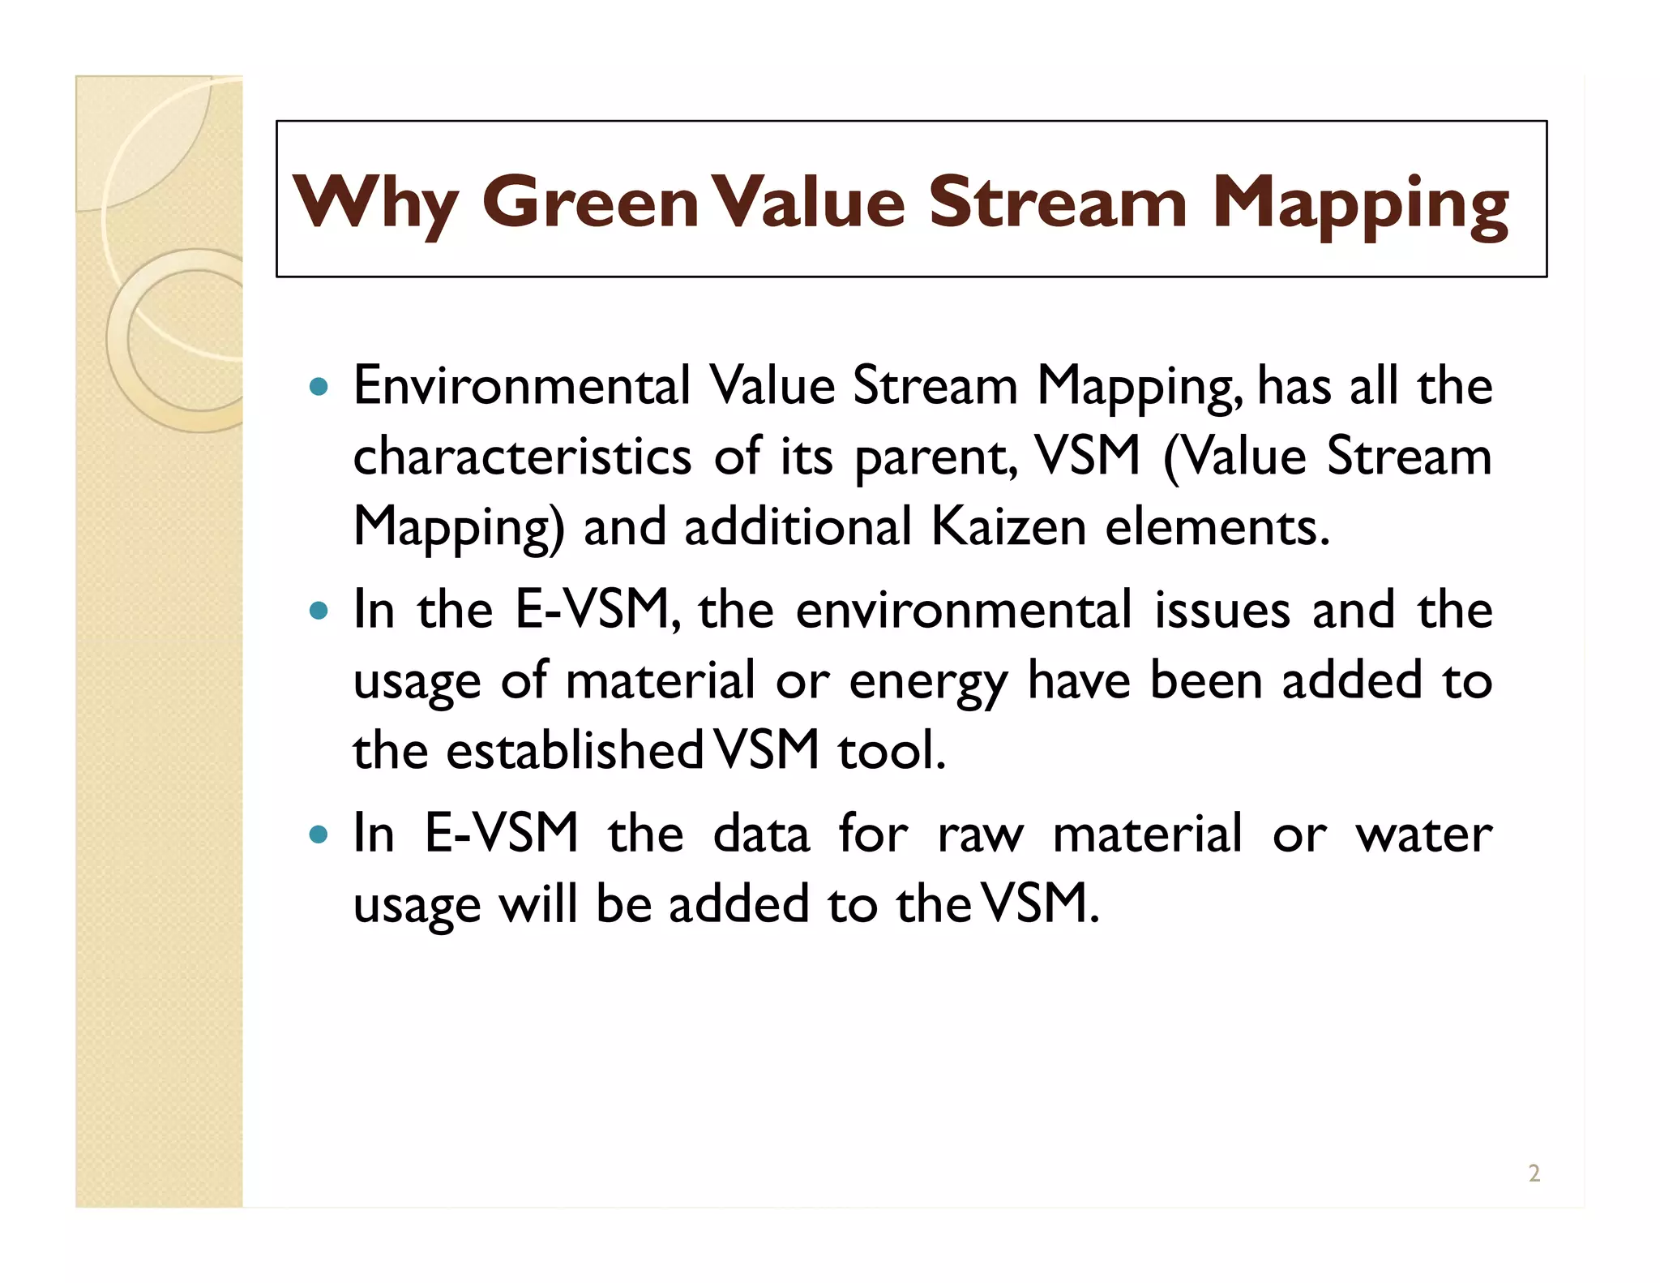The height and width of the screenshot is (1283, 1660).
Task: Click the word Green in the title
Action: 590,202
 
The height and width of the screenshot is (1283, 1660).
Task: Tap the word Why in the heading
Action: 375,202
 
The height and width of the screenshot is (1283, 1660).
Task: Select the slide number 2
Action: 1534,1173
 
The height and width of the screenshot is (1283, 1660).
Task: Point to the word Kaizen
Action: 1008,526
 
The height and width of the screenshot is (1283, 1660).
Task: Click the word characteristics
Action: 522,456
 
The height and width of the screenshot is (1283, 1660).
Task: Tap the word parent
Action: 935,457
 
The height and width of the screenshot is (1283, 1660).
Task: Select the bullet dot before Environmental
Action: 319,386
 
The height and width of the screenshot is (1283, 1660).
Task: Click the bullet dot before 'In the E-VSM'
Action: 319,610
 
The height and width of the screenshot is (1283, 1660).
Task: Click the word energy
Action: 928,682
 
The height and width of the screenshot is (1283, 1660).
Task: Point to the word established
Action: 575,750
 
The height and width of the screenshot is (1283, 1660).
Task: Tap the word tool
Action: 892,750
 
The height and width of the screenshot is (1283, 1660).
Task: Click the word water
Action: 1423,834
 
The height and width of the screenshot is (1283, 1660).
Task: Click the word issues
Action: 1221,610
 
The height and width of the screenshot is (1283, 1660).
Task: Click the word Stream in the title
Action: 1058,202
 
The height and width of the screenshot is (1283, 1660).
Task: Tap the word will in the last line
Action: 537,903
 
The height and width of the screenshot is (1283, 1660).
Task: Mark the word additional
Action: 798,526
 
